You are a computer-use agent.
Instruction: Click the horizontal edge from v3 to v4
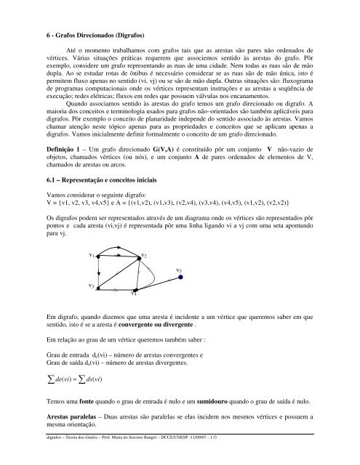(116, 289)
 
